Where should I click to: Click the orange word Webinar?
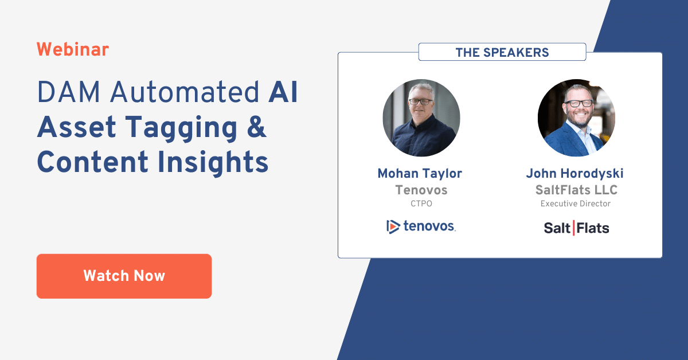72,50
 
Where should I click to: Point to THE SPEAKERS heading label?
502,53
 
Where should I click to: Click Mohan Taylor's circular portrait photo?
421,118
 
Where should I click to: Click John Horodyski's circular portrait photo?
576,118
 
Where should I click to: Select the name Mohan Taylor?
420,174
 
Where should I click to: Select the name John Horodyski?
574,174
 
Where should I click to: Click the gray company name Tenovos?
421,190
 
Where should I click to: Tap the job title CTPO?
421,204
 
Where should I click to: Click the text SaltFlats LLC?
575,190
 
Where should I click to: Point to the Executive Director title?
575,204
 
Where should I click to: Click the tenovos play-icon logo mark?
393,226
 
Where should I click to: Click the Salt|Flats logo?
576,228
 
